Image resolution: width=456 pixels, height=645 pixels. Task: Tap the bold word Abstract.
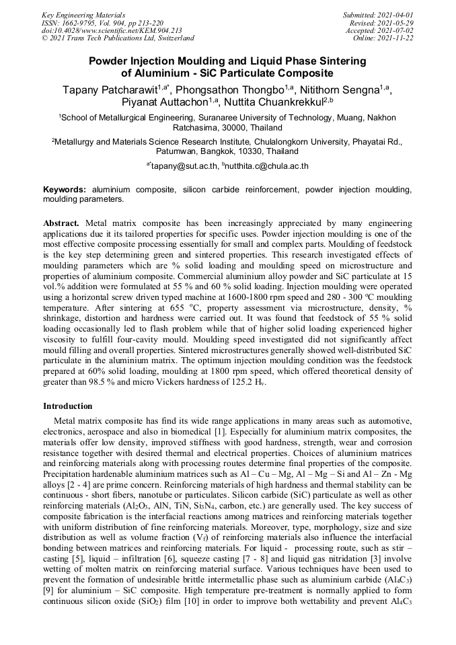click(61, 222)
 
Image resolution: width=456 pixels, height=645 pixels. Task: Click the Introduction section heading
click(68, 406)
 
